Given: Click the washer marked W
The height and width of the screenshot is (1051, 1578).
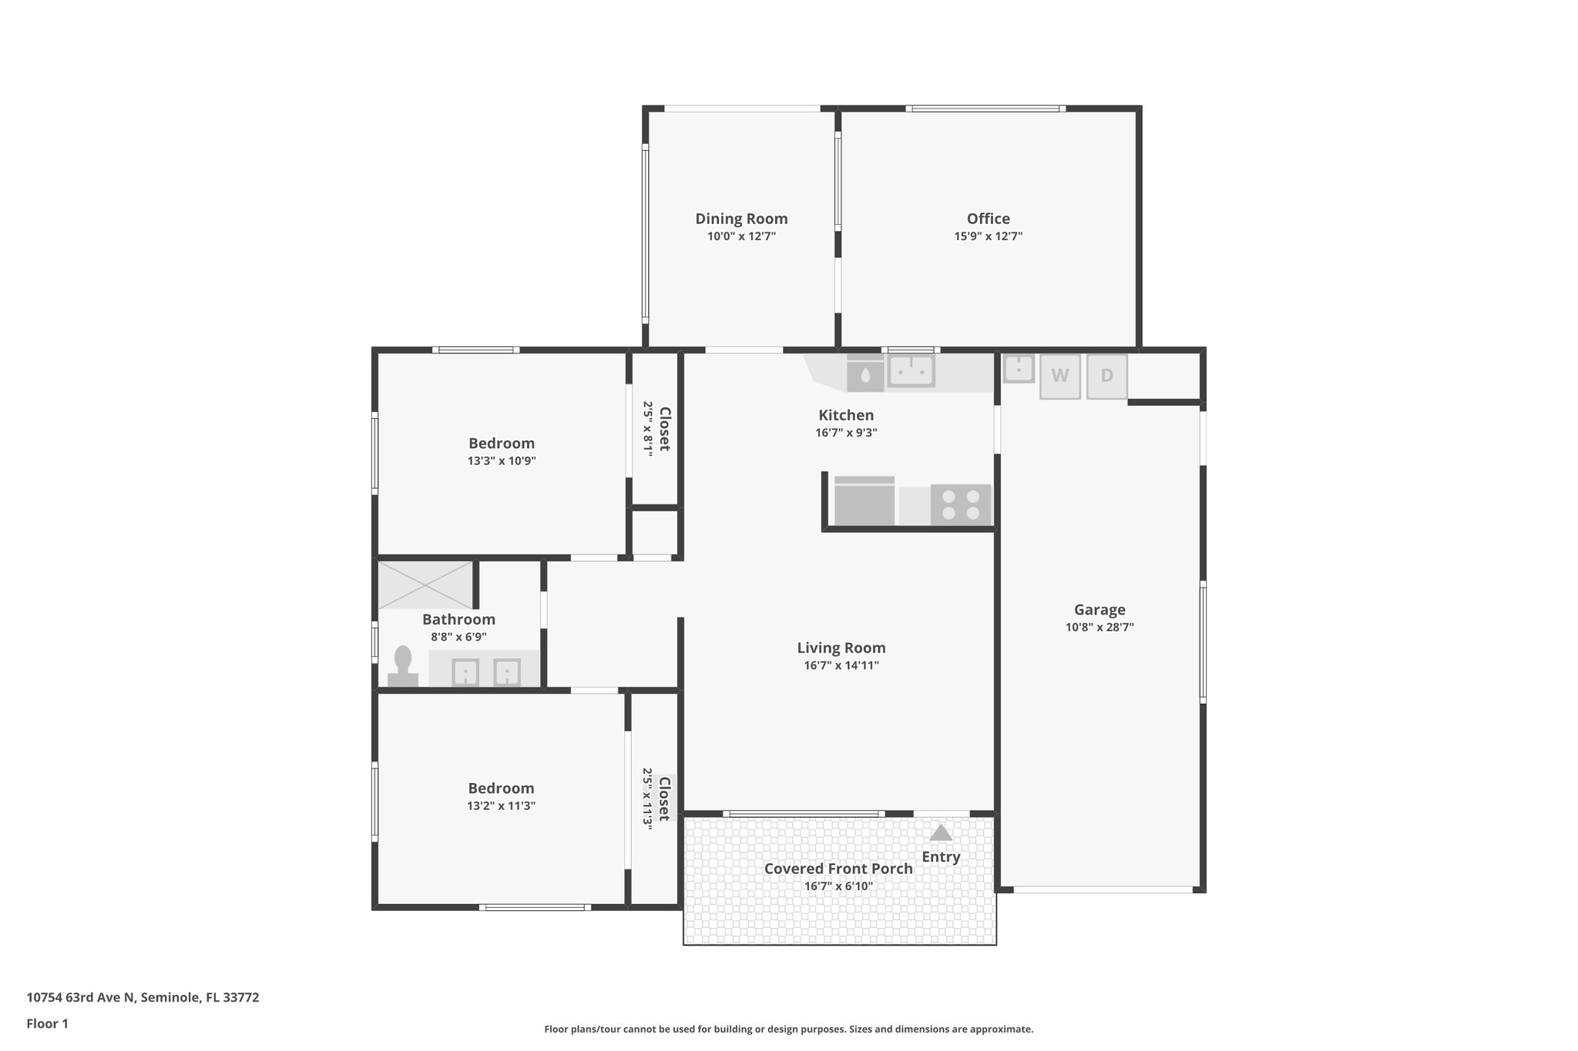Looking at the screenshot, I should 1059,376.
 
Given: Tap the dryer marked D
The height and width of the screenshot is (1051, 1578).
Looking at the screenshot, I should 1106,376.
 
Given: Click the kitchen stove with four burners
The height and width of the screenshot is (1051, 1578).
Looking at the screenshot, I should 960,504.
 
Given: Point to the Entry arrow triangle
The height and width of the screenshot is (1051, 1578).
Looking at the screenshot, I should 941,833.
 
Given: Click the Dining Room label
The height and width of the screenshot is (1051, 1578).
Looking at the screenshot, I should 741,219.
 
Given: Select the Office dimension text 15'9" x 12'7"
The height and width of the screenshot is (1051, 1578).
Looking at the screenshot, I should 988,236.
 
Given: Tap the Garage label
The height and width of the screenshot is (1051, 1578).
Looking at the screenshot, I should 1100,610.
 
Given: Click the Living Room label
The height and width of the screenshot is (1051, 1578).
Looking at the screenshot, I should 841,648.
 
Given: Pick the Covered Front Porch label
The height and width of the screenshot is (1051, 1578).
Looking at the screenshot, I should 838,869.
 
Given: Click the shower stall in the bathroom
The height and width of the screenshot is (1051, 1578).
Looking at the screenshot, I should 425,585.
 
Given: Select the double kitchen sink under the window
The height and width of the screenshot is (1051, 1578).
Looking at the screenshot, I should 911,371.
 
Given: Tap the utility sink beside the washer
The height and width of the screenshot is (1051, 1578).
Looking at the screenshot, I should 1018,368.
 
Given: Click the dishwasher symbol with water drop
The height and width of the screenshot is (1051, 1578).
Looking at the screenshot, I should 865,375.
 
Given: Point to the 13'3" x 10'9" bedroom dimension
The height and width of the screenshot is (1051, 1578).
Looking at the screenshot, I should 501,461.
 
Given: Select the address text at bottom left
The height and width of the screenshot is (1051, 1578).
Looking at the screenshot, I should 143,998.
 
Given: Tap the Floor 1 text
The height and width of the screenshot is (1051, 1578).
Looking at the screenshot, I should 47,1024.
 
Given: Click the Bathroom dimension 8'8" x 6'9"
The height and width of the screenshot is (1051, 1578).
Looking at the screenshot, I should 458,637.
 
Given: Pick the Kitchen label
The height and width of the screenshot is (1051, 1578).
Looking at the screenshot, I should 845,415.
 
